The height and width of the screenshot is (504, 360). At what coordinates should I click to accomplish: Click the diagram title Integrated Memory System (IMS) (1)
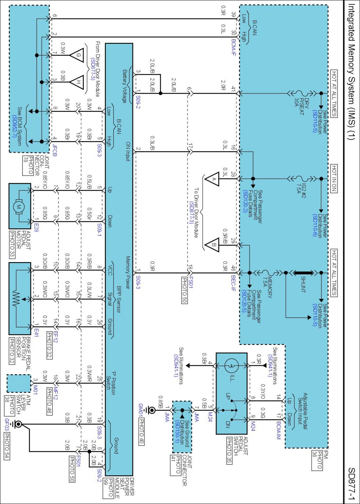351,72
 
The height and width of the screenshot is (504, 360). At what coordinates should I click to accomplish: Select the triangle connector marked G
77,55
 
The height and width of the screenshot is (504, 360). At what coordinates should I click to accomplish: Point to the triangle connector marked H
77,82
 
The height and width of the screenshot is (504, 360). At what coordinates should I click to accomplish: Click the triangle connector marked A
212,179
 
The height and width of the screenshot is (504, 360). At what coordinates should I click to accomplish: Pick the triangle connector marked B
212,245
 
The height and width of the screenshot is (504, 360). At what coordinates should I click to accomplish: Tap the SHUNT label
303,285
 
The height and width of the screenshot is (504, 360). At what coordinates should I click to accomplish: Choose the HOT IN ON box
334,179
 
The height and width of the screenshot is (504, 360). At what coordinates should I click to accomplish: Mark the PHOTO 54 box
7,446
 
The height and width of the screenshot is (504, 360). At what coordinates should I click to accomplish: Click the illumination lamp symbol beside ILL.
231,366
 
